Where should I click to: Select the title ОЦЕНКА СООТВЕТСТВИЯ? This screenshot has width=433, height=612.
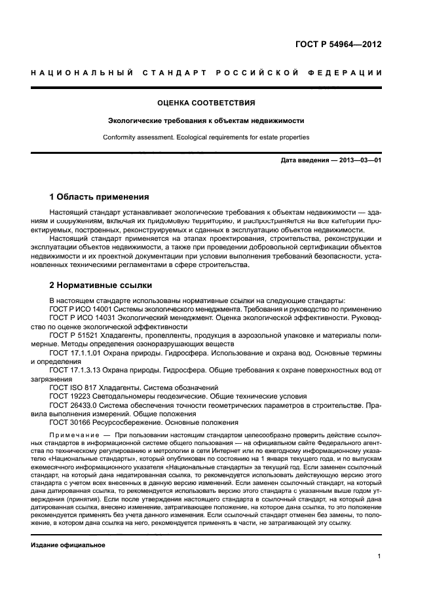tap(206, 103)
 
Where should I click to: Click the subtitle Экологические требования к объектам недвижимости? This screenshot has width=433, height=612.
tap(206, 121)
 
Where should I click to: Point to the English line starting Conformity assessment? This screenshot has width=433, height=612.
tap(206, 137)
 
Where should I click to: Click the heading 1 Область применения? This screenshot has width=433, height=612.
tap(100, 197)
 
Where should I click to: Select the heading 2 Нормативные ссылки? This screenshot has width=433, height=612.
tap(101, 285)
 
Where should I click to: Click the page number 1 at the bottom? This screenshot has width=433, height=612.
tap(379, 556)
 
